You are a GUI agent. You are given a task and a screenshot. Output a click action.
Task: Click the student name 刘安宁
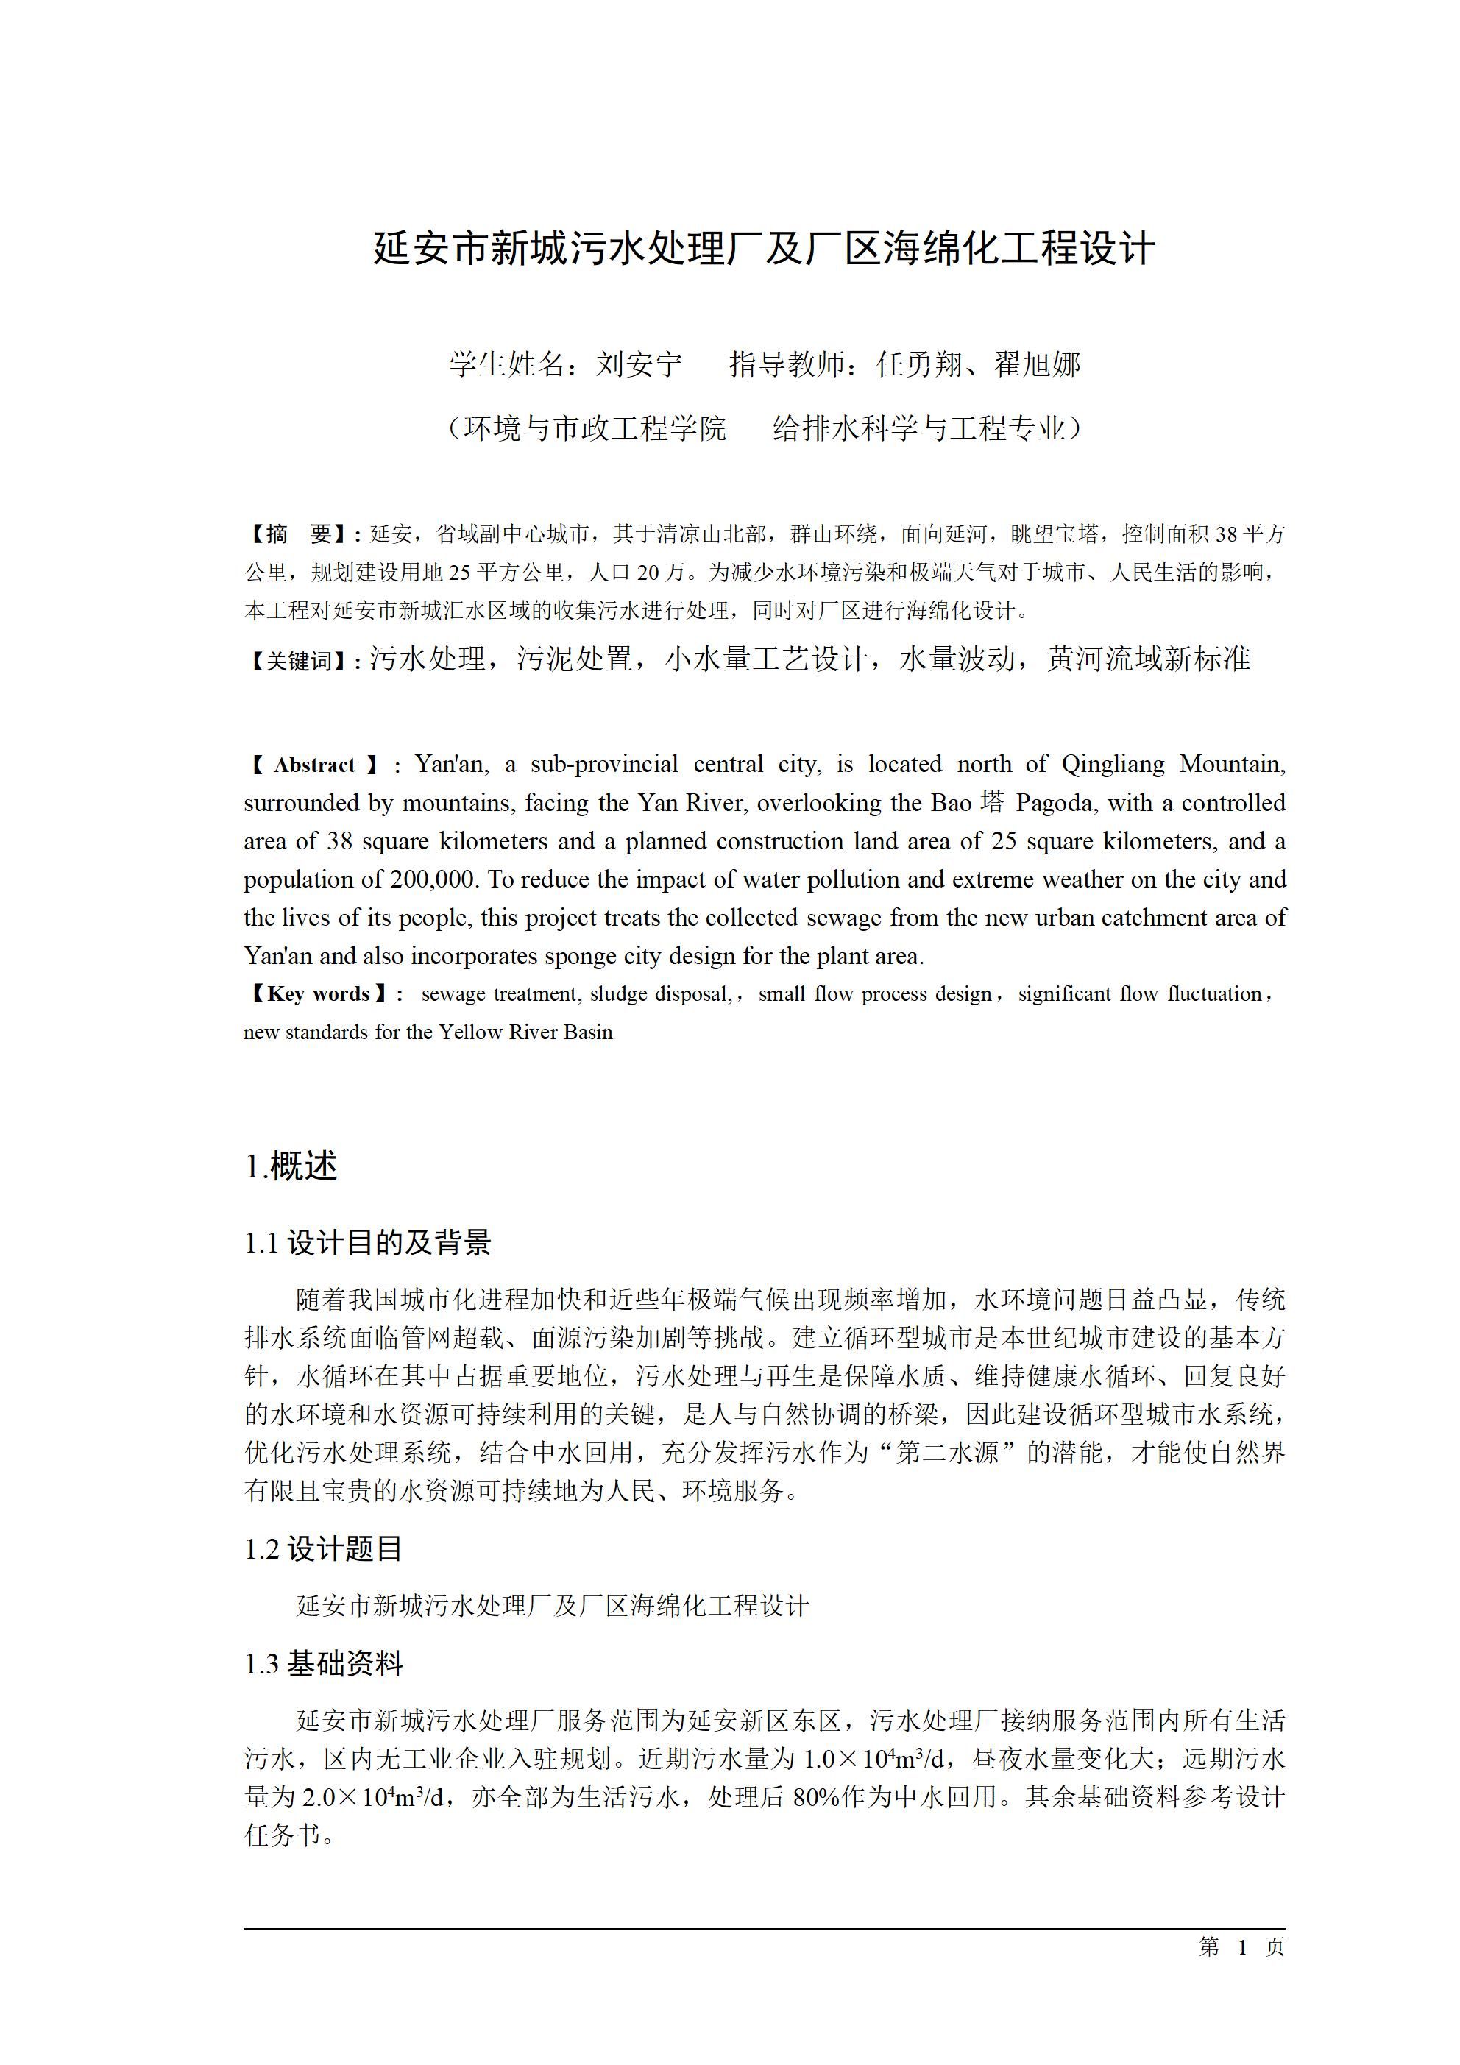coord(639,364)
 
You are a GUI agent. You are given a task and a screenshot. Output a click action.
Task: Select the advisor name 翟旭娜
coord(1037,364)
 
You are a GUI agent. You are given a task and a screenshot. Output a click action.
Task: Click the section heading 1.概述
coord(291,1166)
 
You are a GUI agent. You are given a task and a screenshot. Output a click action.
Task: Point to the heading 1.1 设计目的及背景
coord(368,1243)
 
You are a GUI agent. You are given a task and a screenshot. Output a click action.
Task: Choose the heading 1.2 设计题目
coord(323,1548)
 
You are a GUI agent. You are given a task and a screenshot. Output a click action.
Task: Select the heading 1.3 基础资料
coord(323,1663)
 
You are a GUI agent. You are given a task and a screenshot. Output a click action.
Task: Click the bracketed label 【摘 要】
coord(300,534)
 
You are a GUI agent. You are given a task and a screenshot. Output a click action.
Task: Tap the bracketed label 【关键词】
coord(300,661)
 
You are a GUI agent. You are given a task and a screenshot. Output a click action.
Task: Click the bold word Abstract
coord(314,765)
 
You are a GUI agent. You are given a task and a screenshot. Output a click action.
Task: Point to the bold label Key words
coord(319,993)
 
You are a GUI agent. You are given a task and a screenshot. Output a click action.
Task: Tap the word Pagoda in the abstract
coord(1057,802)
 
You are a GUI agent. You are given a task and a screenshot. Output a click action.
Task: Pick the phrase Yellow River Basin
coord(525,1032)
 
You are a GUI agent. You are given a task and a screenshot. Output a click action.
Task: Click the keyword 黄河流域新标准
coord(1149,659)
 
